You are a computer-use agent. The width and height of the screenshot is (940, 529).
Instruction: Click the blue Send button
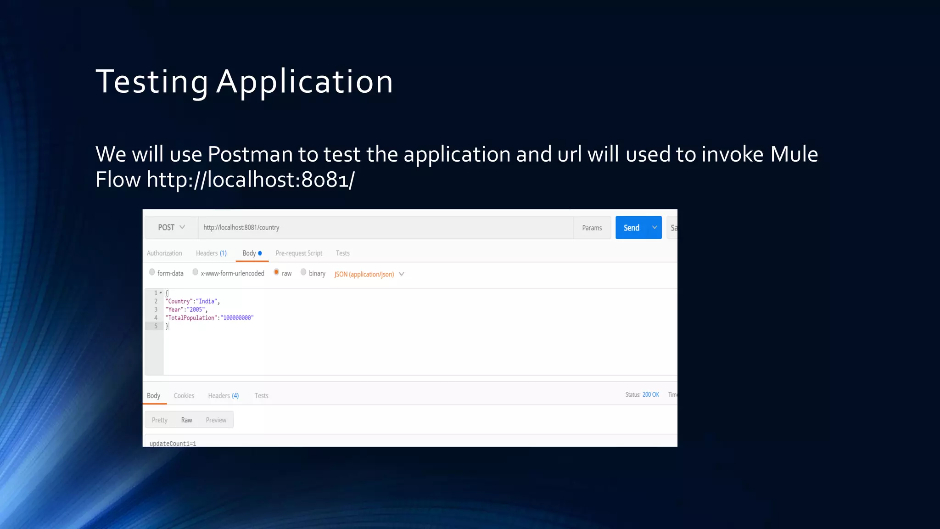click(632, 228)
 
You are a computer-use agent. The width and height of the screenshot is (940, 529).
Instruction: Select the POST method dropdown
click(171, 227)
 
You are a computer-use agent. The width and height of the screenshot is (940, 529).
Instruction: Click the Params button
click(592, 228)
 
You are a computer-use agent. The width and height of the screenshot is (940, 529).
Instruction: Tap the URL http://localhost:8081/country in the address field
click(241, 227)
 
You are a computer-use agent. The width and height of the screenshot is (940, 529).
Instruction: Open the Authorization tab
click(164, 253)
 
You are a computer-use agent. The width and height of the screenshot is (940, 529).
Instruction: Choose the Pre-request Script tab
click(299, 253)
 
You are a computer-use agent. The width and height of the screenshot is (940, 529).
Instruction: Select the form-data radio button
click(152, 272)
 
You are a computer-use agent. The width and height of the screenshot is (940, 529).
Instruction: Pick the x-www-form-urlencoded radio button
click(196, 272)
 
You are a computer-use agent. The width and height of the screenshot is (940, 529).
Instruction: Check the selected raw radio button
click(276, 272)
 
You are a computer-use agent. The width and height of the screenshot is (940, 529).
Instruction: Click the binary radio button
click(303, 272)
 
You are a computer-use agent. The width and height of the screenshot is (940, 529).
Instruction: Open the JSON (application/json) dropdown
click(369, 274)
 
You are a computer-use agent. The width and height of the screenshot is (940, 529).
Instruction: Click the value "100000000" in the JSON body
click(237, 318)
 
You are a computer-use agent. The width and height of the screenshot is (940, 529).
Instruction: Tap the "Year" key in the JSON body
click(174, 310)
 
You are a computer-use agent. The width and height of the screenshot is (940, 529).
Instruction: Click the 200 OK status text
click(650, 394)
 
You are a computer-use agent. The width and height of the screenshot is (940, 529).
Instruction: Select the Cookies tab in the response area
click(184, 395)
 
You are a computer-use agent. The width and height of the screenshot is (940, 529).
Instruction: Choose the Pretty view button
click(160, 420)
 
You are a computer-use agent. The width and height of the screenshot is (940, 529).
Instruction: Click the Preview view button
click(216, 420)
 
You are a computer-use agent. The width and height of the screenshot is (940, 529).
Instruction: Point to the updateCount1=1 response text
click(173, 443)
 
